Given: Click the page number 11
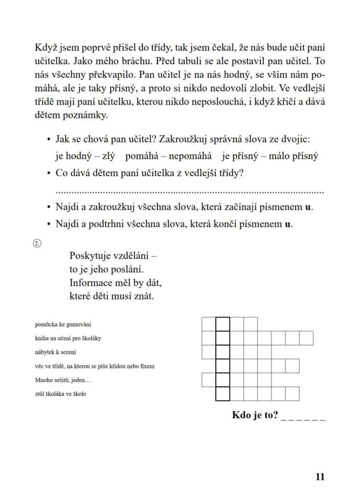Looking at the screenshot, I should [320, 477].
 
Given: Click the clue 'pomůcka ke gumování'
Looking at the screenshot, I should [63, 324].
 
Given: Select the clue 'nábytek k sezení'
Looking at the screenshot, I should [56, 352].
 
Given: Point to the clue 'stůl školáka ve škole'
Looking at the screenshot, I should [60, 394].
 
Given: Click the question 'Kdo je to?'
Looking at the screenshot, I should [255, 416].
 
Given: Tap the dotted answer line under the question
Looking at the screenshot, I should [190, 191].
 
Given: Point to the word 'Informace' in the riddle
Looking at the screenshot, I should [91, 283].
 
